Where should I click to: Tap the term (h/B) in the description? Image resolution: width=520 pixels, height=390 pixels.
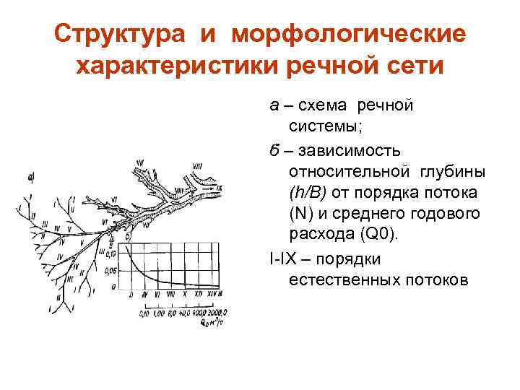[308, 194]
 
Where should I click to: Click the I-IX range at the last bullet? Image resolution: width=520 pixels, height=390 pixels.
[282, 258]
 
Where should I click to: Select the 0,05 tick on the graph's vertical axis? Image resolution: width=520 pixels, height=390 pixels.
[110, 269]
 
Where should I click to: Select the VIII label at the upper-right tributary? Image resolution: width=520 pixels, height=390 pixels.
[197, 166]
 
